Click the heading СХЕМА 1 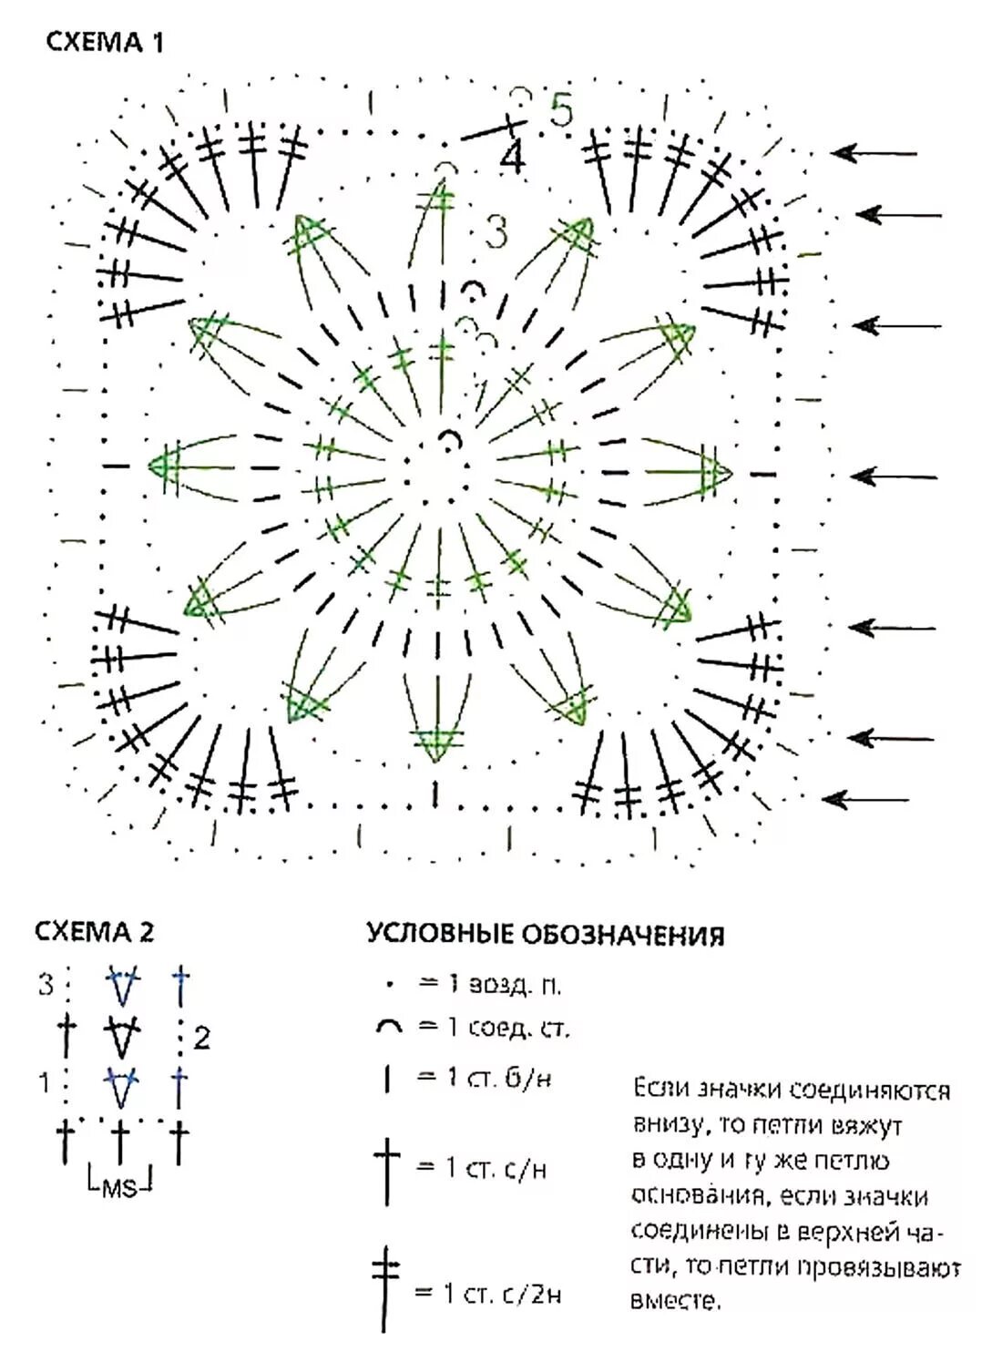click(104, 42)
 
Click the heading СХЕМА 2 click(94, 931)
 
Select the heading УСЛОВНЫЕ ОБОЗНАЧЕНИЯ click(546, 935)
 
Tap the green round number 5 click(561, 111)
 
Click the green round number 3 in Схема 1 click(496, 233)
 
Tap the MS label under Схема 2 click(119, 1187)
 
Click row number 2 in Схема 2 click(202, 1038)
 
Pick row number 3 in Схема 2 click(46, 985)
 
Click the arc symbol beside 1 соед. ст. click(388, 1028)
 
